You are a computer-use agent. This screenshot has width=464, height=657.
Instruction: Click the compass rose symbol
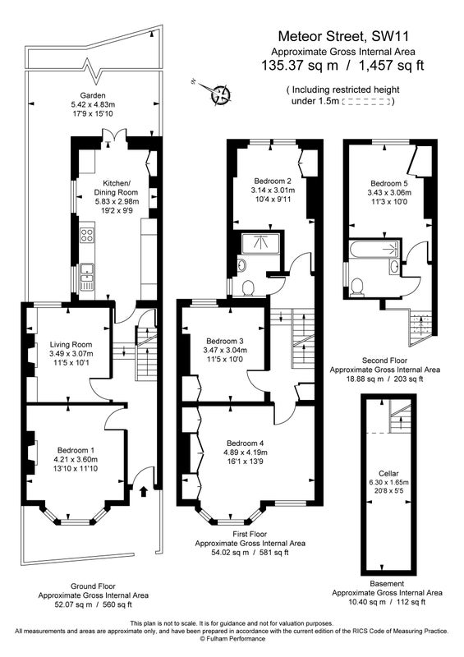[220, 94]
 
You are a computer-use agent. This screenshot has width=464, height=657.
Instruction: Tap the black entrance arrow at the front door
[144, 491]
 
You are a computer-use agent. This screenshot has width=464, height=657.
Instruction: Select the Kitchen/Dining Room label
[116, 188]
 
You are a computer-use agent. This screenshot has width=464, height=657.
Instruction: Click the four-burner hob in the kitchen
[87, 235]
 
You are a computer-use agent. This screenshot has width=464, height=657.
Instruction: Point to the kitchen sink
[87, 276]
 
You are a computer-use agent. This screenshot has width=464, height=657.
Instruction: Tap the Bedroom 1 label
[76, 450]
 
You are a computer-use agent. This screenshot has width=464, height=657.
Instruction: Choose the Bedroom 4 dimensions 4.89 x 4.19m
[247, 453]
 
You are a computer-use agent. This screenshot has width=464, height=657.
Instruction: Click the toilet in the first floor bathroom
[249, 288]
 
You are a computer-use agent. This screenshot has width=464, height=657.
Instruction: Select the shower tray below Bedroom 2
[260, 243]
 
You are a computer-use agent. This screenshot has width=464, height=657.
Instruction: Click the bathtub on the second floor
[375, 250]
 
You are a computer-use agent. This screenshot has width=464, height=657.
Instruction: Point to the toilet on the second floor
[357, 287]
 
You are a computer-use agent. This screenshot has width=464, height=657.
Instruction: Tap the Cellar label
[388, 473]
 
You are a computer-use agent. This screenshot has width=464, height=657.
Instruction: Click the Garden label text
[93, 95]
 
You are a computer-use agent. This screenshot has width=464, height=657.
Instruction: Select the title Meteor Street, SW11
[343, 36]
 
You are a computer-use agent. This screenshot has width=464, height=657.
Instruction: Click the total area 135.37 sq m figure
[300, 66]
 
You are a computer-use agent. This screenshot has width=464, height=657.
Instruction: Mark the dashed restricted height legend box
[367, 101]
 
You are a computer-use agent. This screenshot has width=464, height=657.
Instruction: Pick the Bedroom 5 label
[389, 183]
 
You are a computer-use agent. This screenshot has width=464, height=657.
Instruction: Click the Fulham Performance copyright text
[232, 639]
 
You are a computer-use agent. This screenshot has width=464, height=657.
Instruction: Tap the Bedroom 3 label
[225, 341]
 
